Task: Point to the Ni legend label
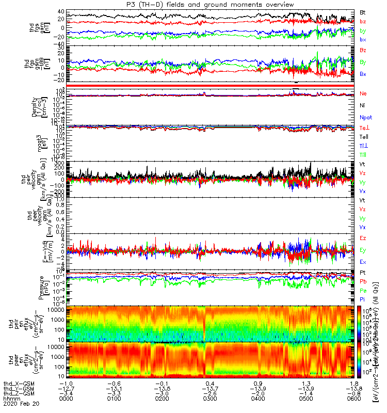363,105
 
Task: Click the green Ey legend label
363,250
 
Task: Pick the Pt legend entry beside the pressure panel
363,272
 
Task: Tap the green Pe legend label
363,291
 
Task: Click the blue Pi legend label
362,300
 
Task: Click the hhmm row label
10,399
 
